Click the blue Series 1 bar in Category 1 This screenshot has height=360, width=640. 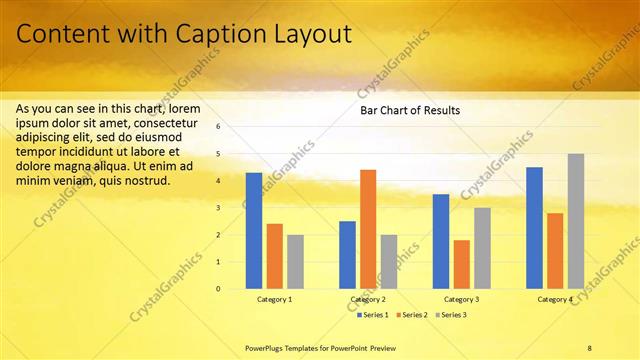254,231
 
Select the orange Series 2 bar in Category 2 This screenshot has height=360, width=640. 368,229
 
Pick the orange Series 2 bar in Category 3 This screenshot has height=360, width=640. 461,264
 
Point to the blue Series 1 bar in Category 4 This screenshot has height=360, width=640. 534,228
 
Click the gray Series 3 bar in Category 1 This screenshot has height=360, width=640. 295,262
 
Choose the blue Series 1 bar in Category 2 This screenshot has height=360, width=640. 347,255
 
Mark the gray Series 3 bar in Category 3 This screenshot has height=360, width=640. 482,248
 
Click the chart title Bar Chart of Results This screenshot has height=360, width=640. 410,110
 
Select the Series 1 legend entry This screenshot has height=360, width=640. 374,315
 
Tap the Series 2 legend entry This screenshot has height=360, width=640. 413,315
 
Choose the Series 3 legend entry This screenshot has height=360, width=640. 451,315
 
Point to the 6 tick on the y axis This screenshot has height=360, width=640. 218,127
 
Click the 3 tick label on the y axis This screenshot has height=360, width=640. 218,208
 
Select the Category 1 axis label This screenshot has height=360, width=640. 274,299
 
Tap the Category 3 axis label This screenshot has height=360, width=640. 461,299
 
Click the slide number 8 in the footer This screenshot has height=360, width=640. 590,346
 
